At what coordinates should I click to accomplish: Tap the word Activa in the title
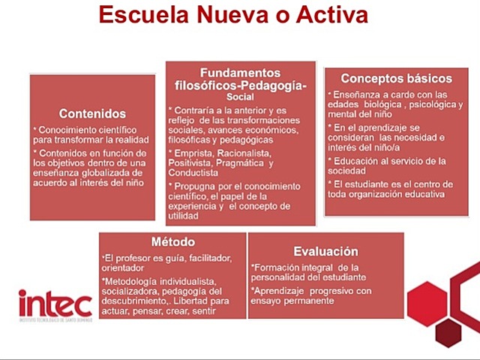330,16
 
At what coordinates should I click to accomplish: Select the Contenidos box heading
92,114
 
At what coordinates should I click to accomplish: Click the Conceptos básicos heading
396,78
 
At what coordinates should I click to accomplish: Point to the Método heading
172,242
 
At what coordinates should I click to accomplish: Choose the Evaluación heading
325,252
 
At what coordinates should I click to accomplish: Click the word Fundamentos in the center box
241,73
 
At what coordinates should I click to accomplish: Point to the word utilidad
184,216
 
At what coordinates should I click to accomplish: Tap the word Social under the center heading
241,97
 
